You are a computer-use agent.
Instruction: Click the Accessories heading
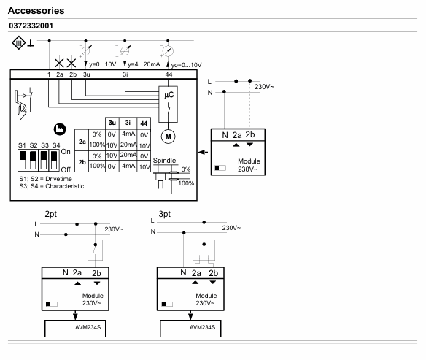pos(36,11)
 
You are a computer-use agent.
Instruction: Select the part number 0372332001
pos(31,26)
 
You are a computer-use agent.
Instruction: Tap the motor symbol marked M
pos(169,137)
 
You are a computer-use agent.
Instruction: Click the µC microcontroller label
pos(169,95)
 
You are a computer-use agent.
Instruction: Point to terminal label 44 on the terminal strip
pos(169,74)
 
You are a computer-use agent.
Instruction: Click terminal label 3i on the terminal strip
pos(125,74)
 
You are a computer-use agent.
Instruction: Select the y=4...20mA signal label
pos(144,64)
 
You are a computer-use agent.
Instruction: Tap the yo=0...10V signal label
pos(186,65)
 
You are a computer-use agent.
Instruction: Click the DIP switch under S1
pos(23,161)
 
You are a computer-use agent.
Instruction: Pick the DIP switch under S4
pos(54,161)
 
